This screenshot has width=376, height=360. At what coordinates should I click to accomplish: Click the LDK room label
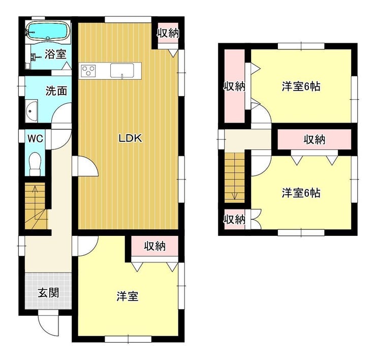[131, 138]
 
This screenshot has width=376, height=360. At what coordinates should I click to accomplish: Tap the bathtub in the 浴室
[47, 31]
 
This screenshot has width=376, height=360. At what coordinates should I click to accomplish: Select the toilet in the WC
[35, 164]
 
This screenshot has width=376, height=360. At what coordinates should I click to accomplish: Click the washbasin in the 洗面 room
[32, 111]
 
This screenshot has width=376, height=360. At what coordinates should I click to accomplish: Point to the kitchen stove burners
[88, 71]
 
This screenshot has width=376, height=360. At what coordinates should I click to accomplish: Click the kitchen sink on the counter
[122, 71]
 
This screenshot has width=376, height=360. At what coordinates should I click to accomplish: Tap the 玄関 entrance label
[48, 293]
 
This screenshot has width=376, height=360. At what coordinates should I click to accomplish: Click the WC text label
[35, 138]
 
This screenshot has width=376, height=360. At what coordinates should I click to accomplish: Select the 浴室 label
[55, 54]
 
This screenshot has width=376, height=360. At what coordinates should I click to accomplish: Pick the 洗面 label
[56, 91]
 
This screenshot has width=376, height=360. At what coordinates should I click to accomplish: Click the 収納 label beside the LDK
[168, 33]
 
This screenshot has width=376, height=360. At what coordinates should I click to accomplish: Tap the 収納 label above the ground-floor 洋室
[155, 246]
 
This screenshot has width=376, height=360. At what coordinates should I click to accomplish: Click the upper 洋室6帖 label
[301, 86]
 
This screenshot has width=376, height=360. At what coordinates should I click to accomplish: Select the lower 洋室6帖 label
[301, 193]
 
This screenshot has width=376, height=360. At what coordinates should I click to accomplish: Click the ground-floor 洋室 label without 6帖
[128, 296]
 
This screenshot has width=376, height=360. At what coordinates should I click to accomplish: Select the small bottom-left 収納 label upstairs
[235, 219]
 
